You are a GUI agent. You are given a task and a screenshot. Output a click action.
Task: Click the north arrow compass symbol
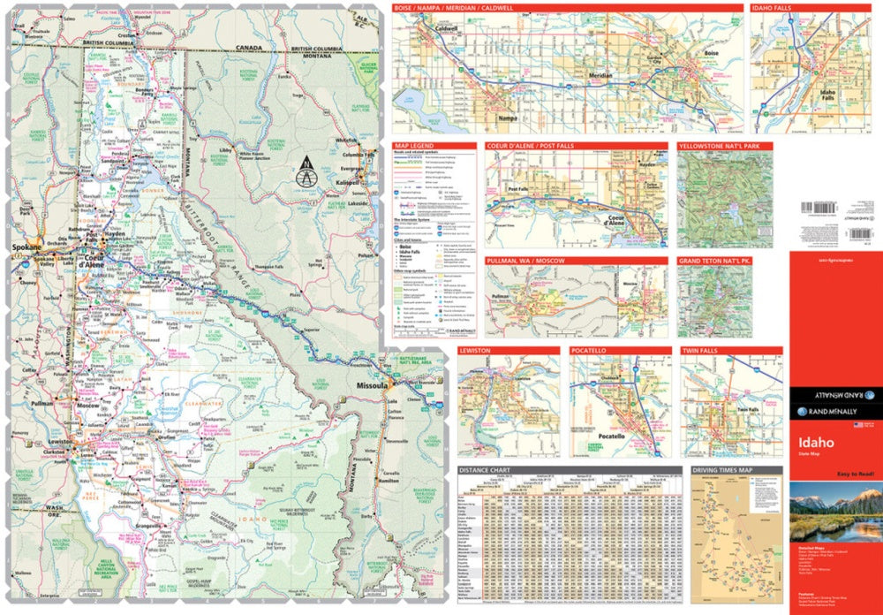306,172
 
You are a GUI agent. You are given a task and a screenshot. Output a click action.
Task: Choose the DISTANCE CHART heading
489,471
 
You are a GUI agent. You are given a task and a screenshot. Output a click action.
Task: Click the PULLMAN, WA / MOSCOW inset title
526,262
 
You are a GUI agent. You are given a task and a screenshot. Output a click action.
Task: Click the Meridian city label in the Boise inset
600,76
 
